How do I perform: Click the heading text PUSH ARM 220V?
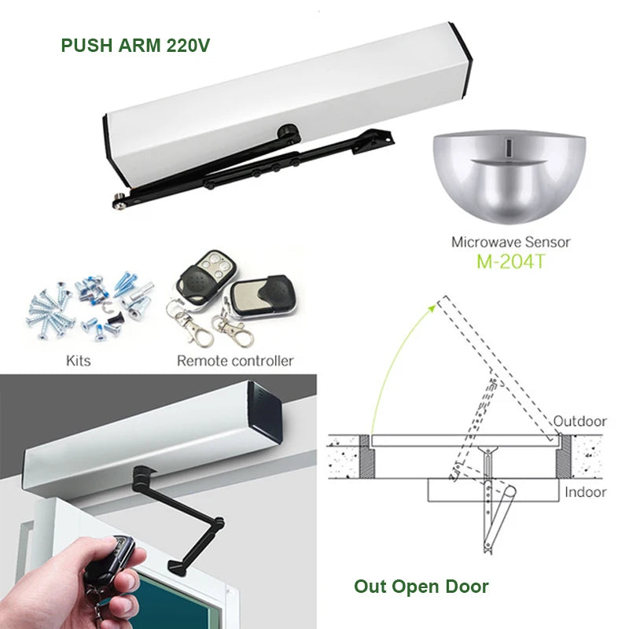(x=136, y=44)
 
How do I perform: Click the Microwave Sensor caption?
(x=509, y=242)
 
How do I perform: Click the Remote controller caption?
(x=234, y=361)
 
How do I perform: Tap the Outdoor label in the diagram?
(x=579, y=421)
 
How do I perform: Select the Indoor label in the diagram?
(x=585, y=492)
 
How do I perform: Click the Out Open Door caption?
(x=421, y=587)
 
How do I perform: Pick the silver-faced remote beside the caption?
(x=260, y=296)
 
